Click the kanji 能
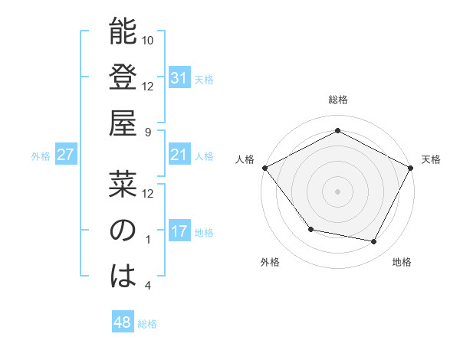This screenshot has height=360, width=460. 123,32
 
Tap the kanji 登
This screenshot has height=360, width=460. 123,78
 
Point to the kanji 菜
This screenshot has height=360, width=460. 123,184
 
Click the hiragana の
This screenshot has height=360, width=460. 123,231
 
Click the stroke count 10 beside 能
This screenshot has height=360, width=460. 149,40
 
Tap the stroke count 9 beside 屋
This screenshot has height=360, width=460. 149,132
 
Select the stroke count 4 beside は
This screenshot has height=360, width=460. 149,286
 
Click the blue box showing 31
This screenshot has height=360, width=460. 179,77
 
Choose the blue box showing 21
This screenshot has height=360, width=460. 179,155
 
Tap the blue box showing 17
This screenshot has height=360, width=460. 179,231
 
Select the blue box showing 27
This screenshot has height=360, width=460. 65,155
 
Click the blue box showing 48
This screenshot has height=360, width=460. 123,322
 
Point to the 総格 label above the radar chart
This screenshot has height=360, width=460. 337,100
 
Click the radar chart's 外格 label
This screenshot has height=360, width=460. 270,262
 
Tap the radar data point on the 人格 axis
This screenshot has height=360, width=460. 264,168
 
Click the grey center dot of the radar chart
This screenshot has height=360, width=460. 337,191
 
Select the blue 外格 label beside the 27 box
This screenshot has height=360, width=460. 41,156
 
